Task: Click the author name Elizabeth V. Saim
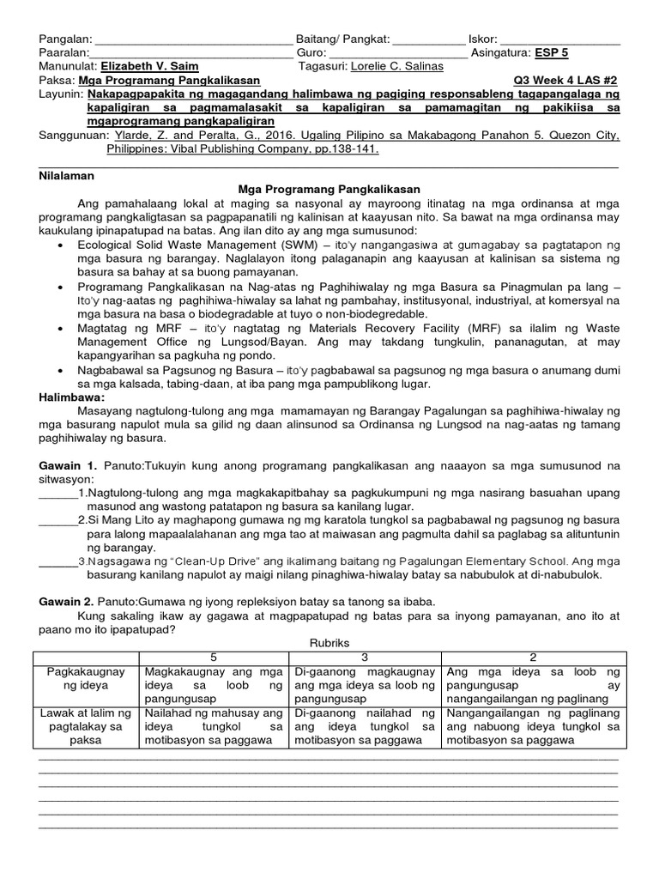pyautogui.click(x=149, y=66)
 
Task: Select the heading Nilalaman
pyautogui.click(x=67, y=175)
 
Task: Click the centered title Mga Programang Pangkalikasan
pyautogui.click(x=329, y=189)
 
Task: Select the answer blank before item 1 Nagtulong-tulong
pyautogui.click(x=57, y=494)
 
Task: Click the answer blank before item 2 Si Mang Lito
pyautogui.click(x=57, y=520)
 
